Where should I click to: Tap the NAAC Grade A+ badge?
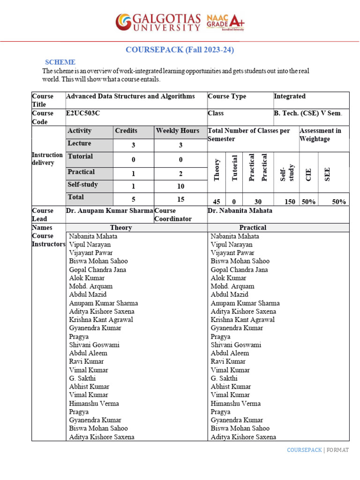[225, 22]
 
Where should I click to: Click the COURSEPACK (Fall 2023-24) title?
[180, 50]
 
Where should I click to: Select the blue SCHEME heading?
[60, 62]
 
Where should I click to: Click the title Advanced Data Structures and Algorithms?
[131, 97]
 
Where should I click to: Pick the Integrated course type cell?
[290, 97]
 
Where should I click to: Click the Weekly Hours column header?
[178, 131]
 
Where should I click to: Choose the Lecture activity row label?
[80, 143]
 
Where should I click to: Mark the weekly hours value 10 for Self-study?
[180, 186]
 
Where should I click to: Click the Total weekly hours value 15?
[180, 199]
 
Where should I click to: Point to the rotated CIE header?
[308, 174]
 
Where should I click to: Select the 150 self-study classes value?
[290, 202]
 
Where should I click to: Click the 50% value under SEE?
[338, 202]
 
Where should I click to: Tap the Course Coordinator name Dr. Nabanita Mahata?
[240, 211]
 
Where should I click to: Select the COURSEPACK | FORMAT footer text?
[318, 450]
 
